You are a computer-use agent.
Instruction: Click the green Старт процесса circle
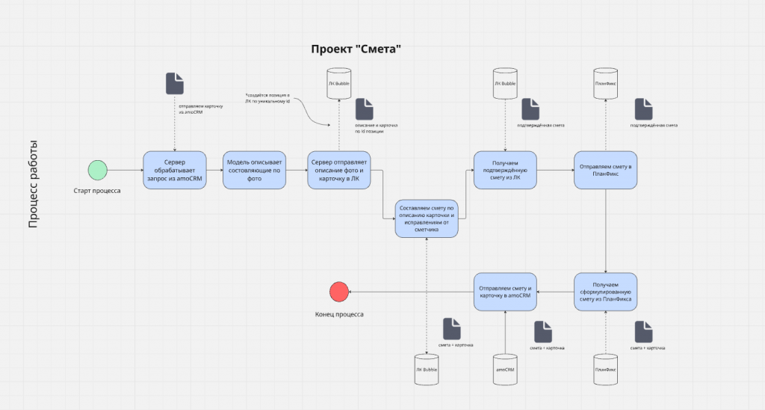point(97,170)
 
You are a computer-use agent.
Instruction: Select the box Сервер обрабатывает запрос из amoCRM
point(174,171)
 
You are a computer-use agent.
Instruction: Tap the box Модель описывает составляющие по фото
point(255,171)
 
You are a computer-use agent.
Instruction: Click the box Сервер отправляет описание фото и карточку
point(339,171)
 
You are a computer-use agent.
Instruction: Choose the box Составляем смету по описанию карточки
point(426,218)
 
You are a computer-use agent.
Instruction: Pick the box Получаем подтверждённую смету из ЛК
point(505,171)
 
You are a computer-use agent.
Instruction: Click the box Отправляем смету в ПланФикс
point(605,171)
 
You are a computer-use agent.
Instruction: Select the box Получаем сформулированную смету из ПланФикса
point(605,292)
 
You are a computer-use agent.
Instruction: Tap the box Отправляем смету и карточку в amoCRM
point(505,292)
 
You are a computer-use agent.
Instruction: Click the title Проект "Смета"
point(356,49)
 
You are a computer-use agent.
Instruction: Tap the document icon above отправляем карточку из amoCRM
point(174,83)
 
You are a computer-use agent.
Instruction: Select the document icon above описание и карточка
point(364,109)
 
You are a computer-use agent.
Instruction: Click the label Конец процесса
point(339,314)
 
